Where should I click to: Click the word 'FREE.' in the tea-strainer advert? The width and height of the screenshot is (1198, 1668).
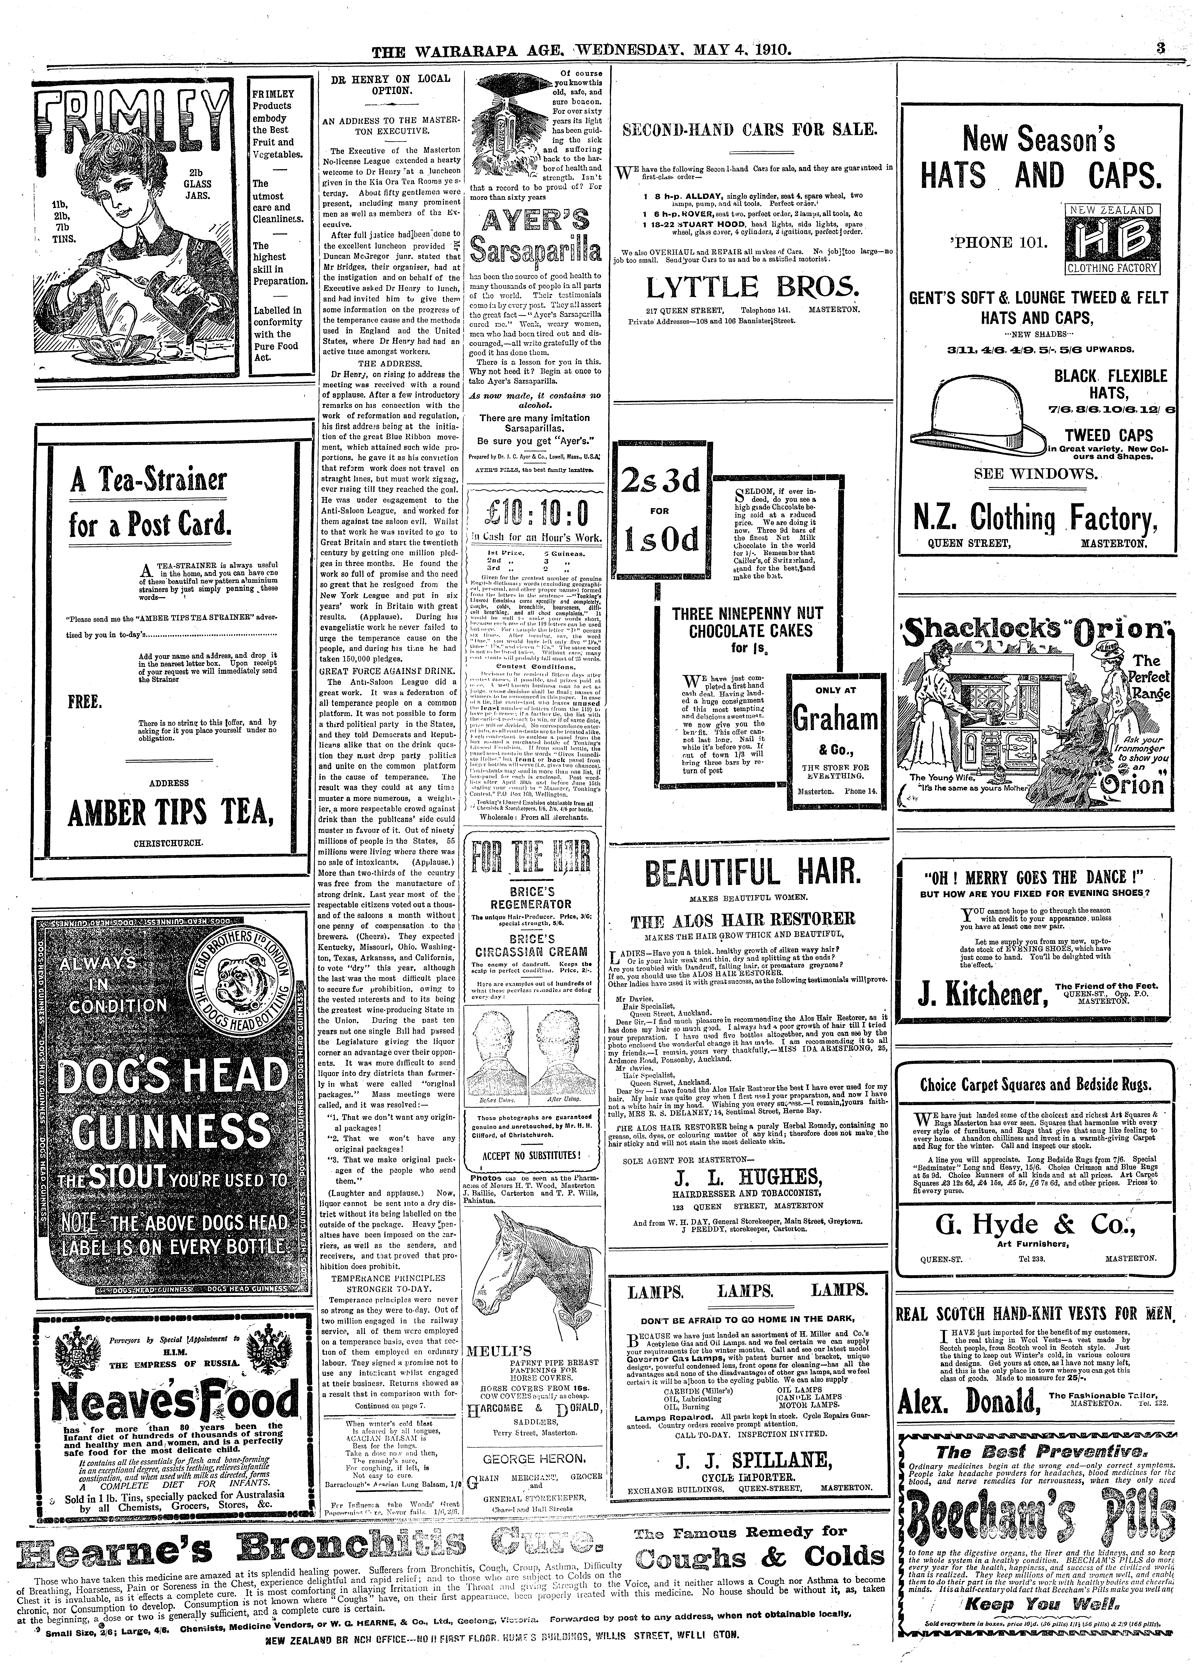[x=85, y=701]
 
